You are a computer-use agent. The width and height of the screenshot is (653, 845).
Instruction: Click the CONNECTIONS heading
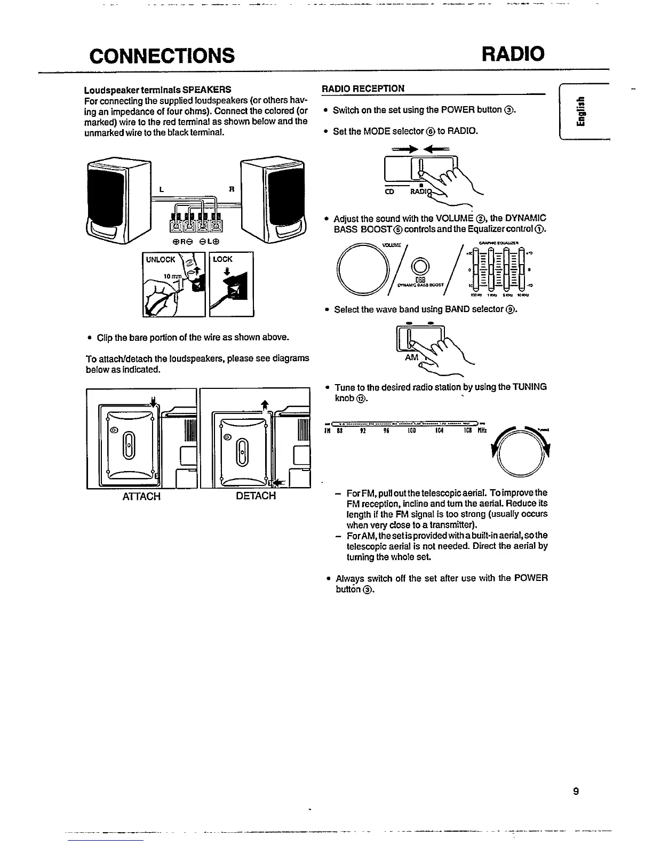[x=162, y=54]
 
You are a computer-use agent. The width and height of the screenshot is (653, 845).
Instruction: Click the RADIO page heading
[x=513, y=53]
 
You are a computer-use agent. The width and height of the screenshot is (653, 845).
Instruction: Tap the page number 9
[x=576, y=791]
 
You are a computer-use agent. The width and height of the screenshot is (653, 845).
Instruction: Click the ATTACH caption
[x=141, y=496]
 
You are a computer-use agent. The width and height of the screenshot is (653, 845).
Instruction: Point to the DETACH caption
[x=256, y=496]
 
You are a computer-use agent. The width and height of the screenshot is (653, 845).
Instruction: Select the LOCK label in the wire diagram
[x=222, y=259]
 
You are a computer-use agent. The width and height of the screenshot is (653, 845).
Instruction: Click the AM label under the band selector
[x=411, y=357]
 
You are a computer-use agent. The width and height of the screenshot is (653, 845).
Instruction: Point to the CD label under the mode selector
[x=389, y=192]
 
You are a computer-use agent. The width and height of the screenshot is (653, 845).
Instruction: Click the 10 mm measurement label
[x=173, y=277]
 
